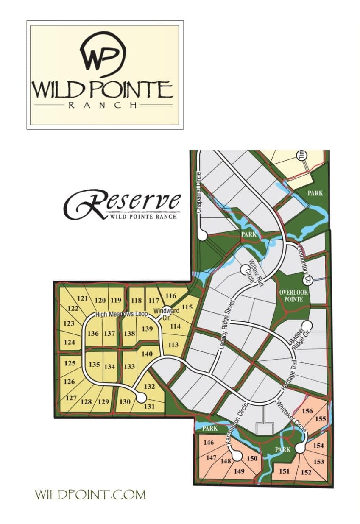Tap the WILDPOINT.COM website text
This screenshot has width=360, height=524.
tap(90, 494)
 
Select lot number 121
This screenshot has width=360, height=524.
tap(82, 298)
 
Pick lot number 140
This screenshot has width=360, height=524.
tap(147, 354)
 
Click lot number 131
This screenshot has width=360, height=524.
tap(149, 407)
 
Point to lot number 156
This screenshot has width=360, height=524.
tap(307, 410)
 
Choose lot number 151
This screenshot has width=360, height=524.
tap(284, 471)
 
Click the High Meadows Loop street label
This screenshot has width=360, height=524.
tap(121, 314)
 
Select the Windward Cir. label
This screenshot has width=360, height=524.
tap(166, 313)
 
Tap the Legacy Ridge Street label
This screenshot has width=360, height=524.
tap(227, 327)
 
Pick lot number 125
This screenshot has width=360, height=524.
tap(70, 363)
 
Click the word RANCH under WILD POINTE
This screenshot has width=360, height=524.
tap(103, 105)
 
